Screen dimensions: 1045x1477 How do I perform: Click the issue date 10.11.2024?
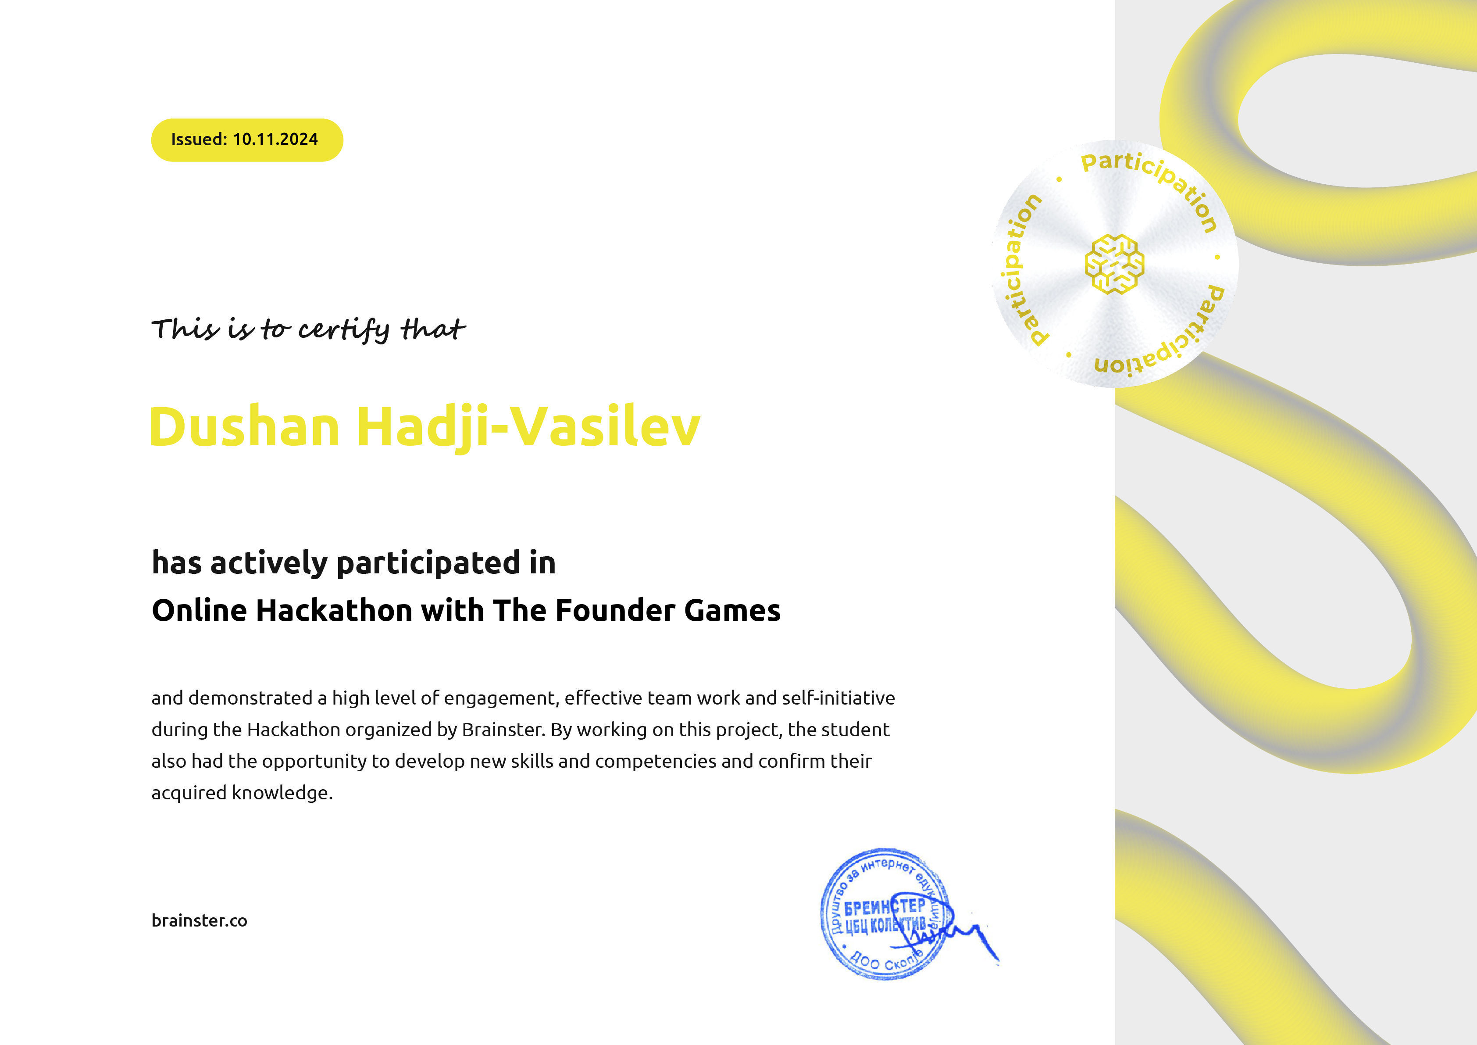[x=275, y=140]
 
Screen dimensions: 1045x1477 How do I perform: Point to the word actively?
[x=269, y=564]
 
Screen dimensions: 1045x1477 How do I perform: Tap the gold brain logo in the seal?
[x=1114, y=264]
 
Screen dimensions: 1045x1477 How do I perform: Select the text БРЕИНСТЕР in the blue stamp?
[x=884, y=907]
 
